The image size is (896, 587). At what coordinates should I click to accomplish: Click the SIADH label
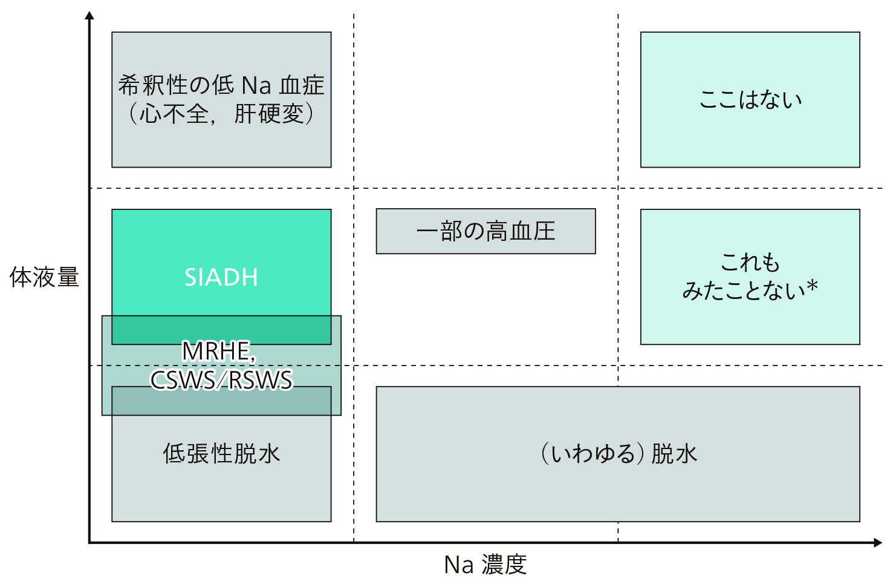point(221,277)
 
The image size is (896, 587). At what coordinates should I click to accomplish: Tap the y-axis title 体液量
point(44,277)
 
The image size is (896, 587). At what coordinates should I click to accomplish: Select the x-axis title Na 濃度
point(485,565)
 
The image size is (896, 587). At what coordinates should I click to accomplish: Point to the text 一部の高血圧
point(485,231)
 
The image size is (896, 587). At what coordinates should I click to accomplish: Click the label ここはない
point(750,99)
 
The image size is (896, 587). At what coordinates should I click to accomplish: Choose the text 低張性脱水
point(221,454)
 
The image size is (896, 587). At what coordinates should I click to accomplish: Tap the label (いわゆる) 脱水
point(618,454)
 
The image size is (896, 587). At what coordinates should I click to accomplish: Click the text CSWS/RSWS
point(221,380)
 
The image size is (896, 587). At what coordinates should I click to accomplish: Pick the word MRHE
point(216,351)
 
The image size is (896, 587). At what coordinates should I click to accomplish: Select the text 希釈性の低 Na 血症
point(221,85)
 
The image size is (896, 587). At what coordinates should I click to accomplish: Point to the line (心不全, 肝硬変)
point(221,114)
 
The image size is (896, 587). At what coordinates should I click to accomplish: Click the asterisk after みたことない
point(812,287)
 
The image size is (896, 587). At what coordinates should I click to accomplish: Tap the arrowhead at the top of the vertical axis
point(89,15)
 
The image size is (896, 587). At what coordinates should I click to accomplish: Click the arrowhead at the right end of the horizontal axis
point(878,543)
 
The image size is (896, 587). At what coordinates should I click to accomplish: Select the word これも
point(750,262)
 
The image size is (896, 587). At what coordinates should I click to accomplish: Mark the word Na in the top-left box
point(256,86)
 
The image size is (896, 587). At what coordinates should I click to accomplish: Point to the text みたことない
point(744,290)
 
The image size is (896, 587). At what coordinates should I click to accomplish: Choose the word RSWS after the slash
point(261,380)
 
